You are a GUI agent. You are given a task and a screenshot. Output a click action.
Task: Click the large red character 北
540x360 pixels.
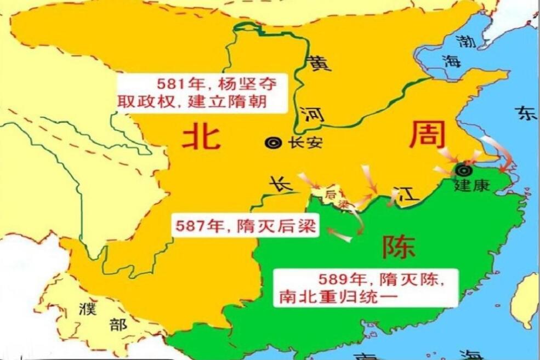[x=201, y=136]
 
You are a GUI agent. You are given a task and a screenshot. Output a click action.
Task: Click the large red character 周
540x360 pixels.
[x=427, y=134]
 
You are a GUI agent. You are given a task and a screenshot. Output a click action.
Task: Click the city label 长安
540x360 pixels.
[x=305, y=143]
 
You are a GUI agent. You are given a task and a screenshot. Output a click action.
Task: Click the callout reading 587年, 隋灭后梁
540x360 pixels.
[x=245, y=226]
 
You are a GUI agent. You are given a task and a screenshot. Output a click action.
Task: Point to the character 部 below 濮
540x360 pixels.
[x=117, y=325]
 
